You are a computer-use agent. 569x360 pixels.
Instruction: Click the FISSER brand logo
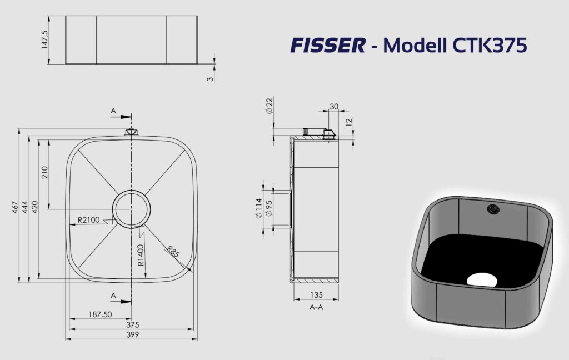pyautogui.click(x=328, y=46)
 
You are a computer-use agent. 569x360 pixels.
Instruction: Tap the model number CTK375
pyautogui.click(x=490, y=46)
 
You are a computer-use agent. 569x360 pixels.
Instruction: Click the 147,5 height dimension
pyautogui.click(x=45, y=39)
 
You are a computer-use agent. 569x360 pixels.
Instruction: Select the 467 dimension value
pyautogui.click(x=15, y=207)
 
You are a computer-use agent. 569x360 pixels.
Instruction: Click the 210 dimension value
pyautogui.click(x=44, y=172)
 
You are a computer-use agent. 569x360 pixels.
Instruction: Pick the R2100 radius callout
pyautogui.click(x=88, y=220)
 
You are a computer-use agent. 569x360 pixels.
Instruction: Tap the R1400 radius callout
pyautogui.click(x=141, y=255)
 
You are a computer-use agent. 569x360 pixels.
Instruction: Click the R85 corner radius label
pyautogui.click(x=173, y=252)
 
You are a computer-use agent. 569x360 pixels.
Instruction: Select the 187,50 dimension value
pyautogui.click(x=101, y=314)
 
